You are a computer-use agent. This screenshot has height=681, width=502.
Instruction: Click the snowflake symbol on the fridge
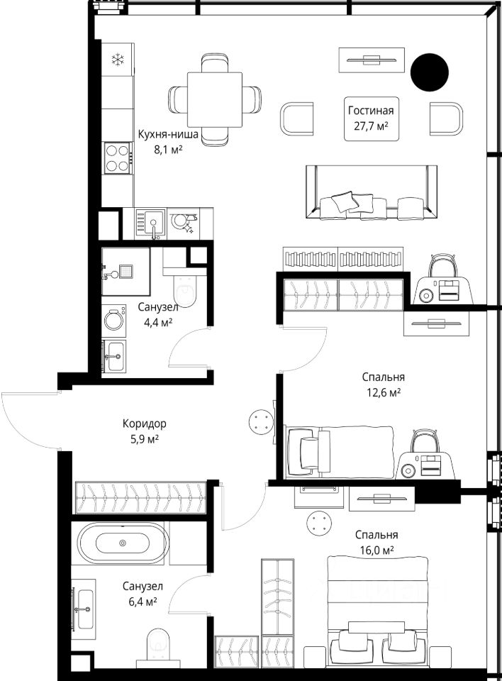pos(117,60)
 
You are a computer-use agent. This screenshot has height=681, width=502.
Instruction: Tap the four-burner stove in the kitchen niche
pos(118,158)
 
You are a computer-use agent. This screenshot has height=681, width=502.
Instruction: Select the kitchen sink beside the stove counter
pos(150,223)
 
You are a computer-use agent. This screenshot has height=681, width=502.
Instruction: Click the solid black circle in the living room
pos(429,72)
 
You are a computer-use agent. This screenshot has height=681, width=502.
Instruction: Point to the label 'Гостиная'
pos(371,111)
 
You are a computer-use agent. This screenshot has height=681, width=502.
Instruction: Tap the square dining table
pos(215,99)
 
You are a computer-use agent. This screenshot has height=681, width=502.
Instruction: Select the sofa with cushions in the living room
pos(372,193)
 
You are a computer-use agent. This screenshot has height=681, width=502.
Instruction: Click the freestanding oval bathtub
pos(123,543)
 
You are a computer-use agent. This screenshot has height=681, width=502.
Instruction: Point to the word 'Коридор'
pos(144,423)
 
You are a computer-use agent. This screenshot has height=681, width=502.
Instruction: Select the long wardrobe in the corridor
pos(140,498)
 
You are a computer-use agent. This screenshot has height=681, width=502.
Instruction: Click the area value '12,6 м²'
pos(381,393)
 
